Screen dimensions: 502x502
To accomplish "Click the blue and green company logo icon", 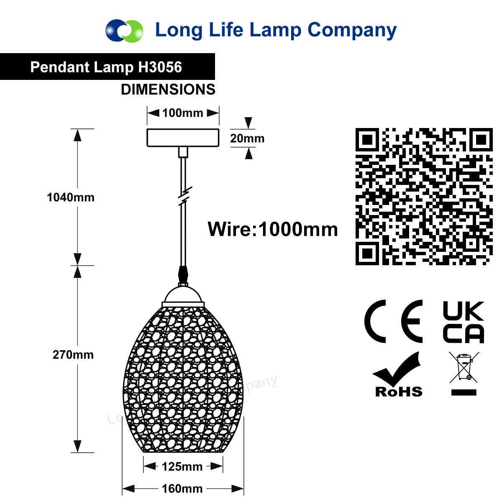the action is point(124,31).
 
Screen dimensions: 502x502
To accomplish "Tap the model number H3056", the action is point(160,67).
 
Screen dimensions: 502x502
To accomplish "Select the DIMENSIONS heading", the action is point(168,90).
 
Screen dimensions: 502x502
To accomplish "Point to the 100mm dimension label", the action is point(183,113).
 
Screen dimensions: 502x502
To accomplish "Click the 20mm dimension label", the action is point(247,138).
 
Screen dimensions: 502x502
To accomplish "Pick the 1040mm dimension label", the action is point(71,197).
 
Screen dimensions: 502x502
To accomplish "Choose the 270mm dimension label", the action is point(73,355).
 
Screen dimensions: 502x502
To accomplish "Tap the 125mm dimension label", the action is point(182,467).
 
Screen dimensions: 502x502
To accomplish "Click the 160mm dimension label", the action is point(182,489).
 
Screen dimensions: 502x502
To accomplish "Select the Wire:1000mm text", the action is point(273,229).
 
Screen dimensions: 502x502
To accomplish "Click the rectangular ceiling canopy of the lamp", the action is point(183,138).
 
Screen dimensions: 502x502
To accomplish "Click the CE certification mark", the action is point(393,321).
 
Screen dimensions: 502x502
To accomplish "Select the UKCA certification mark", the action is point(464,322).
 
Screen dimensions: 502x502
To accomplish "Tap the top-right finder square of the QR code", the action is point(481,140).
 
